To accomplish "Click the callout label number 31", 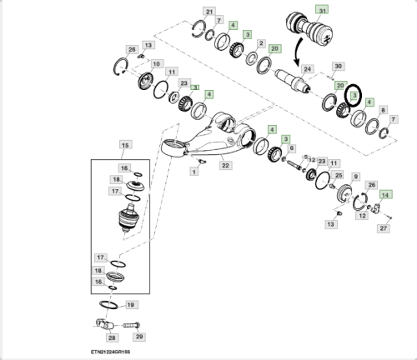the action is (322, 11).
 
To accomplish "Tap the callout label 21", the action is (209, 12).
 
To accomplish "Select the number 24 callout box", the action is (307, 69).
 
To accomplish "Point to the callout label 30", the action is (338, 67).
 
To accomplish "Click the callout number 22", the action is (225, 166).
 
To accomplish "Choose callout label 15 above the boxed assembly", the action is (125, 145).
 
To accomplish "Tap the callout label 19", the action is (131, 305).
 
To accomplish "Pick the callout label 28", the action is (112, 337).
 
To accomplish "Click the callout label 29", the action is (139, 337).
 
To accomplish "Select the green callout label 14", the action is (385, 195).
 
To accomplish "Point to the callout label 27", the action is (384, 228).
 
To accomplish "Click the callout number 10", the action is (157, 64).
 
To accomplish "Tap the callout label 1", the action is (194, 172).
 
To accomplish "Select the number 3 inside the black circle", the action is (354, 96).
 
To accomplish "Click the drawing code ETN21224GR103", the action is (110, 352).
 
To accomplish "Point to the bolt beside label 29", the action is (132, 325).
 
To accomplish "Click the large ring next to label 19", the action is (108, 304).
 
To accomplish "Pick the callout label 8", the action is (383, 110).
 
